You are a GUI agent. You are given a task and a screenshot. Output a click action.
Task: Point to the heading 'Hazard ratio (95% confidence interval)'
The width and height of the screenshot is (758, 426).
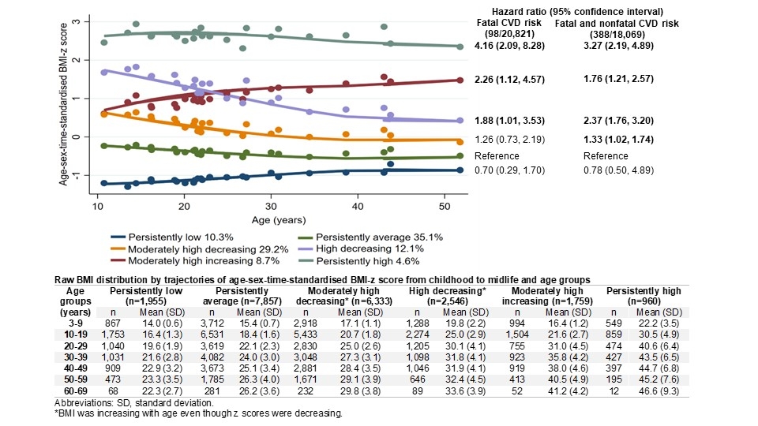[x=577, y=12]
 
